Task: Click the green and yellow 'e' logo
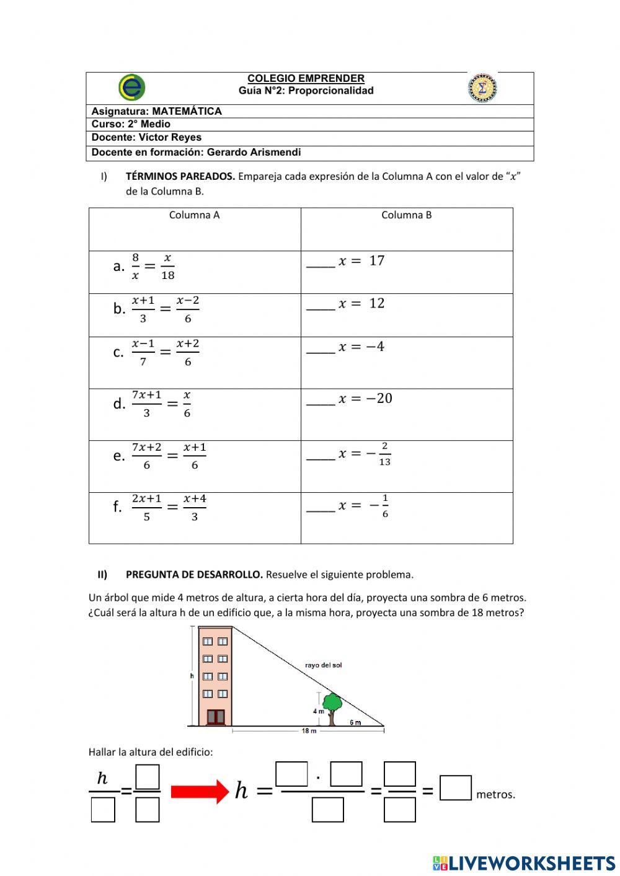131,87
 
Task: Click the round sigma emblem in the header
482,87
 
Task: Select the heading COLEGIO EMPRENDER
306,79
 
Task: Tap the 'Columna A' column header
194,215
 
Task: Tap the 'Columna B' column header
406,215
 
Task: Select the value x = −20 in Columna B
365,399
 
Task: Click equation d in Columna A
160,404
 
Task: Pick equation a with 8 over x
153,267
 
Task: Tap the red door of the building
215,717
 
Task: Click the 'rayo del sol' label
323,665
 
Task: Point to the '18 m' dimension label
309,732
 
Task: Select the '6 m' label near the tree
355,722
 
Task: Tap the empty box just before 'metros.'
456,788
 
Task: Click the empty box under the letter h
103,809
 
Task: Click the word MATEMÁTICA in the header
187,112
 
